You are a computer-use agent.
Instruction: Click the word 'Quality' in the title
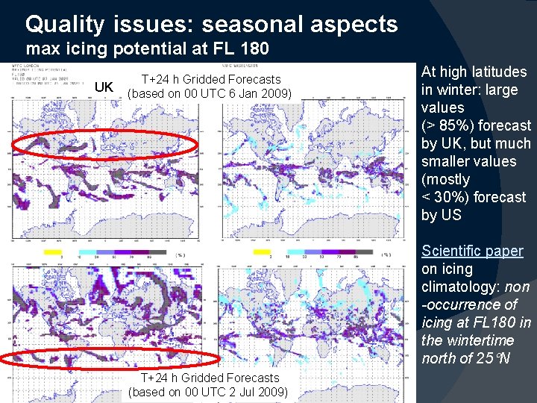pyautogui.click(x=65, y=25)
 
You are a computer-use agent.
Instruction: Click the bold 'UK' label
pyautogui.click(x=104, y=87)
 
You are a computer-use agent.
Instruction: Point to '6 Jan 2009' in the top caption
pyautogui.click(x=258, y=94)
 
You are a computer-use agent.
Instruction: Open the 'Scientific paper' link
pyautogui.click(x=472, y=251)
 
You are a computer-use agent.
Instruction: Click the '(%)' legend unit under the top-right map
pyautogui.click(x=386, y=254)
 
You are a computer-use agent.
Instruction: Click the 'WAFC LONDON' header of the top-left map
pyautogui.click(x=26, y=66)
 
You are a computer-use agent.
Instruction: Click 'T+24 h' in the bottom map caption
pyautogui.click(x=158, y=378)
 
